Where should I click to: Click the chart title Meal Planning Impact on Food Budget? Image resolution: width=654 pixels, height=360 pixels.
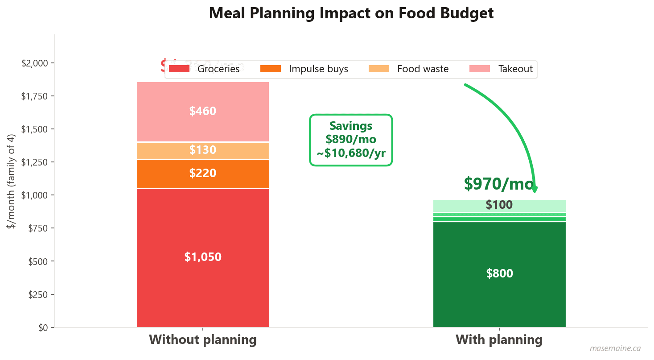(351, 13)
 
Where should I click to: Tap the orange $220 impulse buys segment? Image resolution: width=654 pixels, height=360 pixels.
(203, 173)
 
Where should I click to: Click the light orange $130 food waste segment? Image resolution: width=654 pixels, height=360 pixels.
(203, 150)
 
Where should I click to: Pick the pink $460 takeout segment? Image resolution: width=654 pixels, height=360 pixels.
(203, 112)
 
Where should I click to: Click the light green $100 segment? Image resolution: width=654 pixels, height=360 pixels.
(499, 205)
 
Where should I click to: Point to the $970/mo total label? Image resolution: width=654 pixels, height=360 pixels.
(498, 183)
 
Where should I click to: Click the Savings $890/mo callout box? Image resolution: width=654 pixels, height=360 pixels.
(351, 140)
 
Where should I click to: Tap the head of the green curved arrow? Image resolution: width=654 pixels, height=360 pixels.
(535, 189)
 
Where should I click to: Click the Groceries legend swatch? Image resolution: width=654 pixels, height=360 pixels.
(179, 69)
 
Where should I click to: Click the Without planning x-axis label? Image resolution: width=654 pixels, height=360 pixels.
(203, 340)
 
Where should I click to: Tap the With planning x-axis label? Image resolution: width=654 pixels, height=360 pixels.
(499, 340)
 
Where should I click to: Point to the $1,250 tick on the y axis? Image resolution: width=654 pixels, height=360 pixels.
(35, 162)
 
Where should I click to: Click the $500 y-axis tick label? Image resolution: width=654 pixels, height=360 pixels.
(38, 261)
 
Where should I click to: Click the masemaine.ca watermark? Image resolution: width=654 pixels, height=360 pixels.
(615, 348)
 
